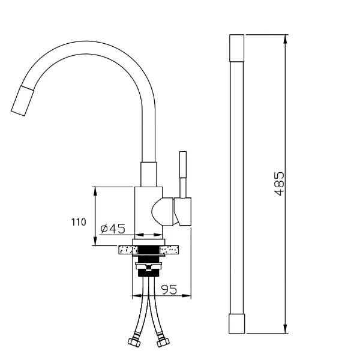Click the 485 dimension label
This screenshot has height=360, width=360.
click(279, 184)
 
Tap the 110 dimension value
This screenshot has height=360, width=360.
click(79, 222)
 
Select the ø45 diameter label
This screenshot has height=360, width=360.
click(113, 229)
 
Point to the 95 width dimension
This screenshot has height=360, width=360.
click(169, 289)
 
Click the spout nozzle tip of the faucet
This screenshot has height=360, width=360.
click(23, 101)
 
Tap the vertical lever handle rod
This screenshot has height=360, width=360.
click(183, 175)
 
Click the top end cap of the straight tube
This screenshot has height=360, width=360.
click(237, 48)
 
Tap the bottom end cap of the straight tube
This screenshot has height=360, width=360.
click(237, 323)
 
